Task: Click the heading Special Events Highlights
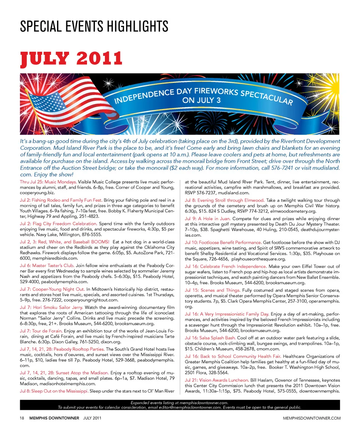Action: [x=94, y=27]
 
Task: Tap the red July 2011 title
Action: [x=71, y=58]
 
